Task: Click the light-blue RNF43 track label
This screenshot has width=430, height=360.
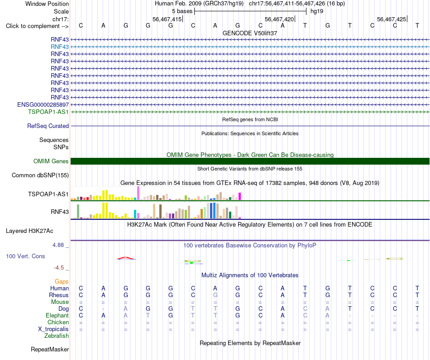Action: coord(60,47)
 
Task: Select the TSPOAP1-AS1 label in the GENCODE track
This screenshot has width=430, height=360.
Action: coord(48,112)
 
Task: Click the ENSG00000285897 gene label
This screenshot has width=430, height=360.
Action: coord(43,104)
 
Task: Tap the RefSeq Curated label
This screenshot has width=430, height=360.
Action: coord(48,126)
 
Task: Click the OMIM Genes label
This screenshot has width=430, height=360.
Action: coord(51,161)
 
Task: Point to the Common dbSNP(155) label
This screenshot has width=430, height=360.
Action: coord(40,175)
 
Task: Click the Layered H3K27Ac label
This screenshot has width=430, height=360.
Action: coord(29,231)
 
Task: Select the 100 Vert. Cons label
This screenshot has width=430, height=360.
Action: coord(25,256)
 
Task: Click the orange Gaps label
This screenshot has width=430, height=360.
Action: coord(62,282)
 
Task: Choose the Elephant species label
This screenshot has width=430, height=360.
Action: coord(57,316)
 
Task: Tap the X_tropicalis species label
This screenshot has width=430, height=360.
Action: coord(53,329)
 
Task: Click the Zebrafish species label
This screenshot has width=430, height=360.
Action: coord(57,336)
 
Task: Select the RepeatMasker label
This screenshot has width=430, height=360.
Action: coord(50,350)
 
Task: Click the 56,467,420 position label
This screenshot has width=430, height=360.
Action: coord(279,19)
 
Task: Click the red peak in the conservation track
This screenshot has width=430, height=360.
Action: coord(126,258)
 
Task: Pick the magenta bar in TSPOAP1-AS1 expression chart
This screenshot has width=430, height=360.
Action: coord(240,196)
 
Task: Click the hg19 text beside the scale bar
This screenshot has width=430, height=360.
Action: coord(317,11)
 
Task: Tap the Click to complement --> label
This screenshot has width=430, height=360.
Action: coord(37,26)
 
